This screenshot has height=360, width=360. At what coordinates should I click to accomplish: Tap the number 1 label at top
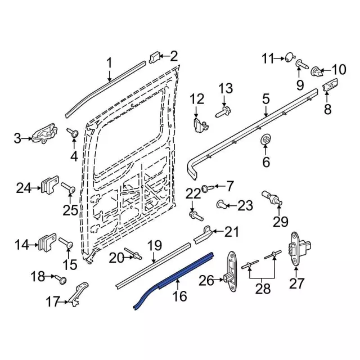[109, 63]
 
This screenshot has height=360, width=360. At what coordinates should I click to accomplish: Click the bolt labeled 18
[61, 278]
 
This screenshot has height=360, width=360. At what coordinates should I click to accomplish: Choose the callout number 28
[263, 289]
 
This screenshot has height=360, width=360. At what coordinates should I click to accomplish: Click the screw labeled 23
[223, 204]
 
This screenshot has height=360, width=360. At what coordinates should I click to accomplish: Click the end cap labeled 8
[330, 86]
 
